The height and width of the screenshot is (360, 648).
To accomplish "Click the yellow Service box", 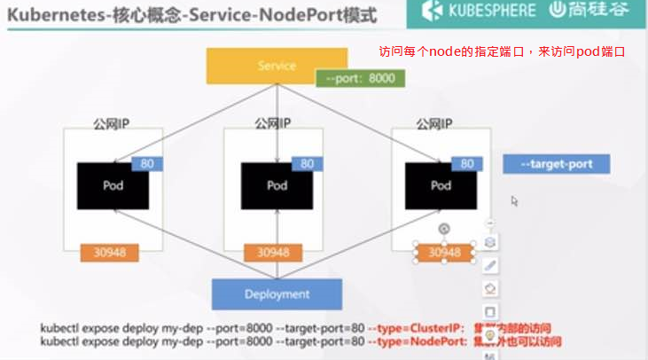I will click(x=277, y=66).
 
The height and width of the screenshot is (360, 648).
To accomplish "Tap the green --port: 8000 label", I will click(x=360, y=78).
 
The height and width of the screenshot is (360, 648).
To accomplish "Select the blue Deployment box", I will click(x=277, y=293).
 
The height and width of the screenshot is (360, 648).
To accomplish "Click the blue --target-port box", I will click(x=556, y=164).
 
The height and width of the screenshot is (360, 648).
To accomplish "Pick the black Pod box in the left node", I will click(x=113, y=186).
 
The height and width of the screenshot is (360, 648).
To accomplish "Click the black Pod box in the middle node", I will click(x=277, y=186).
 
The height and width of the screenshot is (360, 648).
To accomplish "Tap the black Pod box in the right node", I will click(x=441, y=186).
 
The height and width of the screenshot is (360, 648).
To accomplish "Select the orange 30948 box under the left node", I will click(x=110, y=253).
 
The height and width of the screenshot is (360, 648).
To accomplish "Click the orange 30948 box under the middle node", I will click(x=273, y=253).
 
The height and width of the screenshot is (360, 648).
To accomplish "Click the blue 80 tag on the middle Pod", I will click(x=307, y=164).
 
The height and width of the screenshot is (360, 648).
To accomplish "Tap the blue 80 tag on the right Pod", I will click(x=466, y=164).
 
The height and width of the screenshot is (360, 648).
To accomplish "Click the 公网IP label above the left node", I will click(x=112, y=123).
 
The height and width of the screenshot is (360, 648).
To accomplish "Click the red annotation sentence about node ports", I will click(x=502, y=52).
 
